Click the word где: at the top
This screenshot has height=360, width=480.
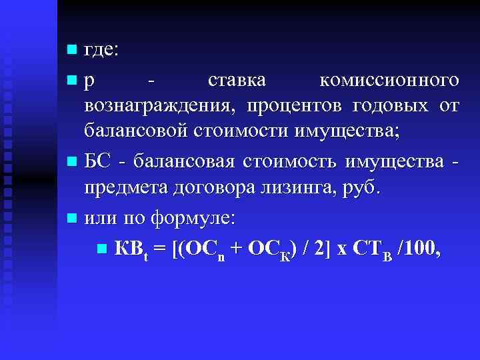(x=101, y=51)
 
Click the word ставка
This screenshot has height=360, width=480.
(x=237, y=81)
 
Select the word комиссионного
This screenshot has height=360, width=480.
(x=389, y=81)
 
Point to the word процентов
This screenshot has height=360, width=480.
(x=290, y=106)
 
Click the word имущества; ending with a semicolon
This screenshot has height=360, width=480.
(x=349, y=131)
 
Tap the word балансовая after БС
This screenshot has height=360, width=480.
(x=185, y=161)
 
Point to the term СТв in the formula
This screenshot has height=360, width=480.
(x=369, y=249)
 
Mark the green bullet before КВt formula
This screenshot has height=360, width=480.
(x=101, y=249)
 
